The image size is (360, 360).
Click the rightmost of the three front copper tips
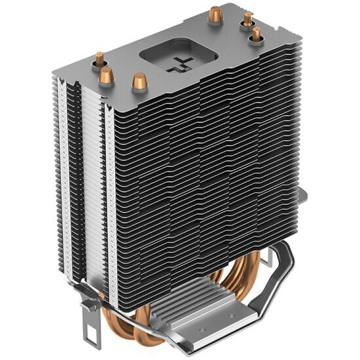click(x=138, y=82)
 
